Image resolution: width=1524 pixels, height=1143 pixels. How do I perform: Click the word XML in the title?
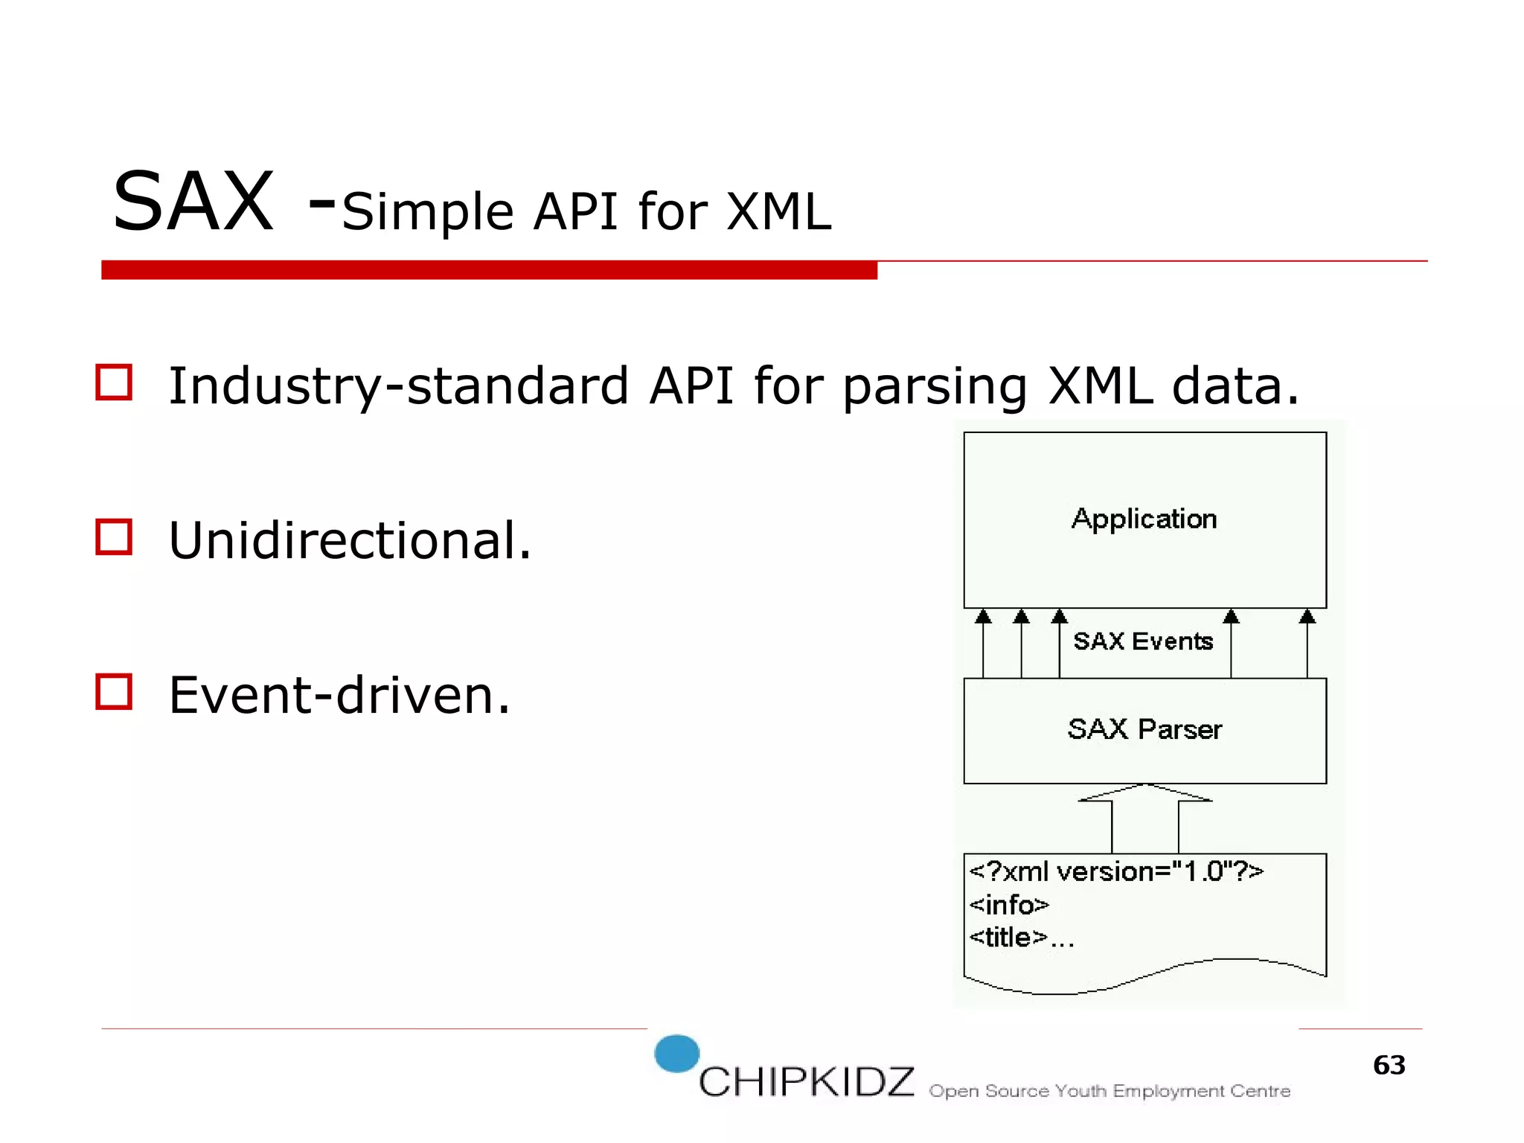pos(778,212)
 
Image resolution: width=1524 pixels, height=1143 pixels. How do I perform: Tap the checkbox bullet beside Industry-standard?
pos(114,382)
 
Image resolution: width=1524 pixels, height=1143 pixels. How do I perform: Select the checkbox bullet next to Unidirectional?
pos(114,537)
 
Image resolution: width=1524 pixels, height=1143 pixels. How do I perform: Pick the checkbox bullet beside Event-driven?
pos(114,692)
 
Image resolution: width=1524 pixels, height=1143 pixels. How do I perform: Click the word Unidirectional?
pos(350,540)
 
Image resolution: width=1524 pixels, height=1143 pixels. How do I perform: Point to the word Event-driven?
pos(339,695)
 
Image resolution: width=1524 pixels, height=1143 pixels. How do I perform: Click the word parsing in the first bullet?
pos(935,387)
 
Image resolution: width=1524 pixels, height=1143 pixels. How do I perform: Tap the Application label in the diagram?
pos(1144,519)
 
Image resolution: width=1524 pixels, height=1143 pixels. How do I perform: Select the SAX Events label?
pos(1143,641)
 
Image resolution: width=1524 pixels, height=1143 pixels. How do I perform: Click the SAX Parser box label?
pos(1144,729)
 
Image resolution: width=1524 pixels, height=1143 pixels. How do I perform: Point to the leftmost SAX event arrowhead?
pos(983,617)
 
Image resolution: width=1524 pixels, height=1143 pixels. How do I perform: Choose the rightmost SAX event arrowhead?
pos(1307,617)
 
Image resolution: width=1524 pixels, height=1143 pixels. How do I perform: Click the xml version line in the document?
pos(1116,871)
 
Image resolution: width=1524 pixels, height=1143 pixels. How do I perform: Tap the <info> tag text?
pos(1009,905)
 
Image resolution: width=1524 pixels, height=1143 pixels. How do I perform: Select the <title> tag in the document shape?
pos(1008,938)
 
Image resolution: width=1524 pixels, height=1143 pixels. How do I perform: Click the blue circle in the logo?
pos(676,1054)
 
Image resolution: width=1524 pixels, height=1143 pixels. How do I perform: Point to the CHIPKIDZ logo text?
pos(807,1082)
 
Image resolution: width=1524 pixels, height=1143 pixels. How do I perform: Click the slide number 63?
pos(1389,1066)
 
